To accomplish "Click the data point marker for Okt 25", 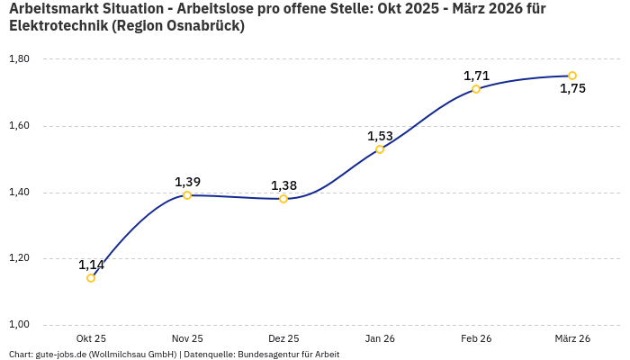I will [x=91, y=278].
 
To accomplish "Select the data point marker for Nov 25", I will [x=187, y=195].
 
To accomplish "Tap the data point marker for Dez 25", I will [x=283, y=199].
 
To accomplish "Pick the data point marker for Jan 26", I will [x=380, y=149].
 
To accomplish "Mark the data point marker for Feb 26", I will [x=476, y=89].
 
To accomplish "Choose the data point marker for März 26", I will [x=572, y=76].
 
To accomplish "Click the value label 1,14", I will [x=91, y=265].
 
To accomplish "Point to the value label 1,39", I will [x=187, y=182].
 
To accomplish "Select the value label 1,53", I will [x=380, y=136].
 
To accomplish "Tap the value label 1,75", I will [x=572, y=88].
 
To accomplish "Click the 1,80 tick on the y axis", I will [x=19, y=59].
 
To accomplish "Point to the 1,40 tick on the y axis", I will [x=19, y=193].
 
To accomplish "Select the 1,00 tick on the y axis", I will [x=19, y=325].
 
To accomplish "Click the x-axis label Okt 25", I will [x=91, y=338].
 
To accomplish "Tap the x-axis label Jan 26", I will [x=380, y=338].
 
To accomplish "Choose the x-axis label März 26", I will [x=572, y=338].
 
